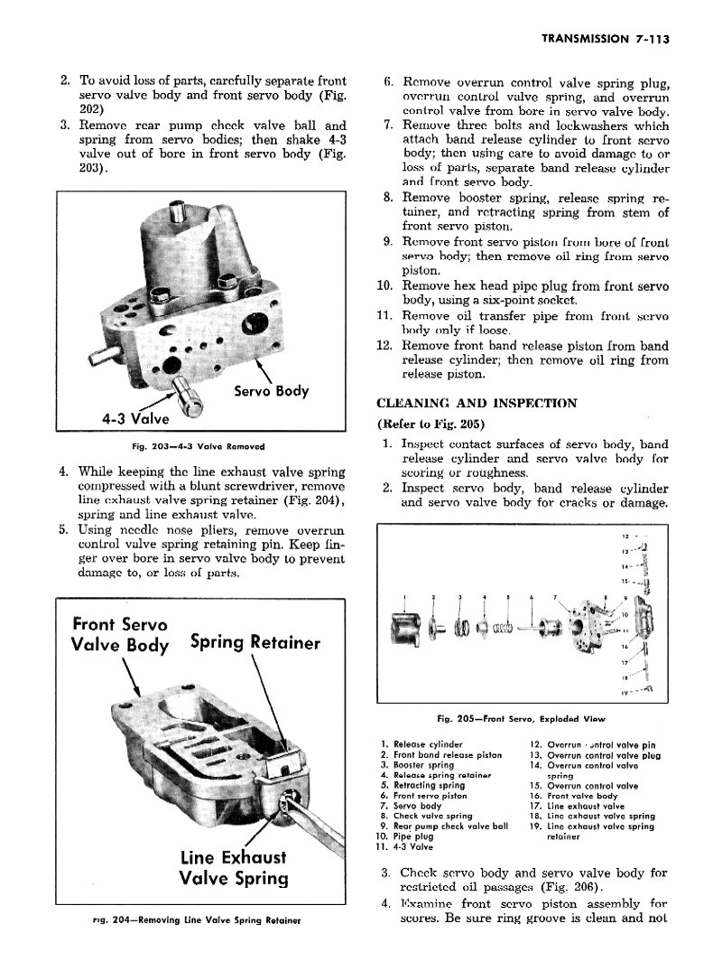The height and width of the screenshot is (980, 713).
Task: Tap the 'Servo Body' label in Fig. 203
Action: point(271,391)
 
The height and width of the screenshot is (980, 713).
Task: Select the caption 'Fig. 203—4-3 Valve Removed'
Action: point(201,445)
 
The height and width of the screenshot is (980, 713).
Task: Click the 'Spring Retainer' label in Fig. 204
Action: point(255,642)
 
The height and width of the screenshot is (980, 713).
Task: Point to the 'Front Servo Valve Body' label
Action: point(119,633)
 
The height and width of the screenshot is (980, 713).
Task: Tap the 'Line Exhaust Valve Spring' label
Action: point(234,867)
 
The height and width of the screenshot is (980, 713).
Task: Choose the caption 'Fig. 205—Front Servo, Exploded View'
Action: point(520,719)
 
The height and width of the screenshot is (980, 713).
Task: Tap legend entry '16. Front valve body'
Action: point(577,796)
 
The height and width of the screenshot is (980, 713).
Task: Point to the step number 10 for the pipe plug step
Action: point(383,286)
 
